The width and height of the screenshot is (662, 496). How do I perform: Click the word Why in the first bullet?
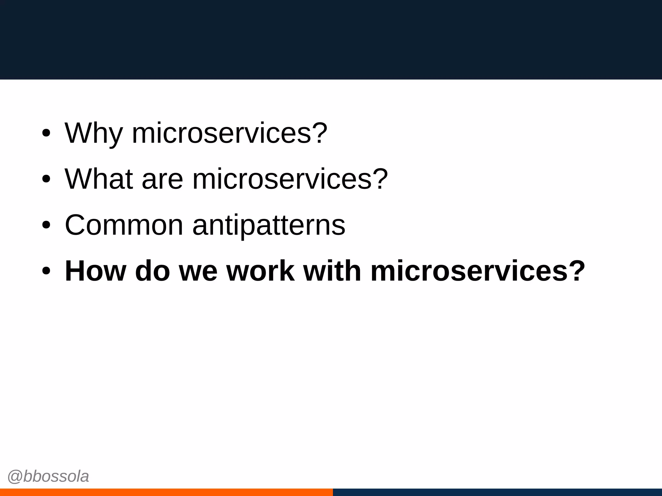coord(93,133)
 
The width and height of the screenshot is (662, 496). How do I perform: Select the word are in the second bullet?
coord(162,180)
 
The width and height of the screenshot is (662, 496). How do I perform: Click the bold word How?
coord(95,271)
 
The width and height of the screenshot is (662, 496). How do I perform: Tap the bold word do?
coord(152,271)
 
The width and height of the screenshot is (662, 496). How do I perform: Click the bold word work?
coord(261,271)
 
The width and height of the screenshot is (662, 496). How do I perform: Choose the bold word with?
coord(332,271)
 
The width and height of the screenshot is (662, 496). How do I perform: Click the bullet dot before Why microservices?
coord(46,133)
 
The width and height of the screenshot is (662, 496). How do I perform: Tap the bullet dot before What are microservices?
coord(46,180)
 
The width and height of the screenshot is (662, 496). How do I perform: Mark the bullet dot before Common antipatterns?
coord(46,225)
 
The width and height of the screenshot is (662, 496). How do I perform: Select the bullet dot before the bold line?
coord(46,272)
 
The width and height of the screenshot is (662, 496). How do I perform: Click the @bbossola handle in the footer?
coord(48,477)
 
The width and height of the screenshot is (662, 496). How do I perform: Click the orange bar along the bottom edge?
coord(166,492)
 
